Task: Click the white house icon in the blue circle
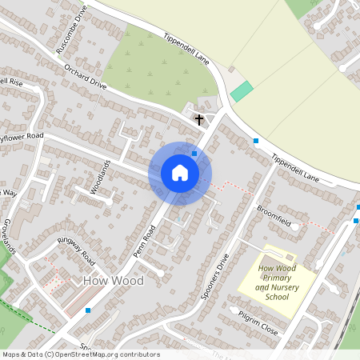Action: point(180,173)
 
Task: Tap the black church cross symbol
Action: point(199,120)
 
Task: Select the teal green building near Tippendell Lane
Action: point(242,91)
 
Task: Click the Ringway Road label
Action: point(77,250)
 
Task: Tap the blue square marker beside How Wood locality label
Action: point(88,310)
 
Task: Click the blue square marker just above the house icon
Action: point(194,153)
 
